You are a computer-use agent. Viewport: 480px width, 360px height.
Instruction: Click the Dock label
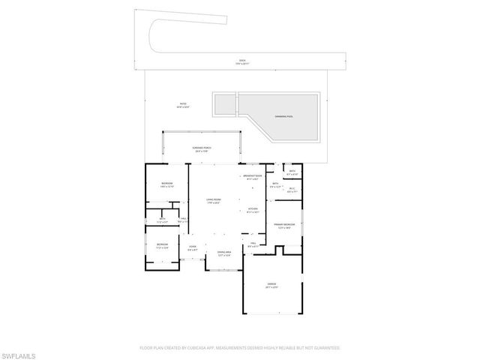pos(241,60)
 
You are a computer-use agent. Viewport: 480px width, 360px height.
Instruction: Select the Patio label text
pos(183,104)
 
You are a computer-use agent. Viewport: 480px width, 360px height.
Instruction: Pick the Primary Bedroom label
pos(283,225)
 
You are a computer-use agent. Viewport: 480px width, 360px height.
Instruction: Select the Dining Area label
pos(223,253)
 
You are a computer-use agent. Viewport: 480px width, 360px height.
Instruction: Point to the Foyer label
pos(192,248)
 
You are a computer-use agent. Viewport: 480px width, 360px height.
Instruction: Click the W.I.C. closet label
pos(292,190)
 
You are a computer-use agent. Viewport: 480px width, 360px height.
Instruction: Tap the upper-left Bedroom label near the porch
pos(167,184)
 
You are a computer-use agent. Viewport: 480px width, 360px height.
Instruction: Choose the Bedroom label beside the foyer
pos(162,245)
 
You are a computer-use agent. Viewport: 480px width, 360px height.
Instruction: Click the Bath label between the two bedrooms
pos(162,220)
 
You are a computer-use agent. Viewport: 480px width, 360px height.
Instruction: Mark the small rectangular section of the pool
pos(224,105)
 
